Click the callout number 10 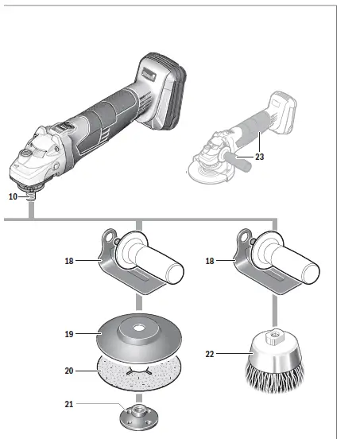13,196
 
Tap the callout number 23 259,157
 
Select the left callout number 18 69,260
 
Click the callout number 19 69,335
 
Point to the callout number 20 69,371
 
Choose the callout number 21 69,405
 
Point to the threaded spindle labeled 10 32,195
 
